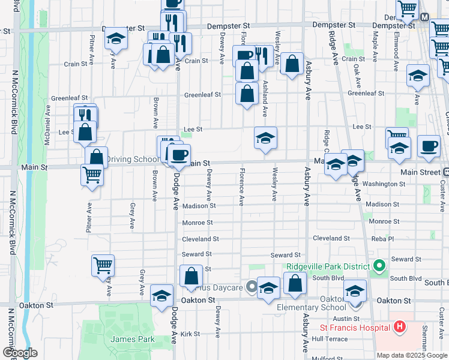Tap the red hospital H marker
tap(400, 328)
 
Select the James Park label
tap(132, 339)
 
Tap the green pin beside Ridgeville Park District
tap(379, 265)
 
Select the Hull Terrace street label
tap(330, 338)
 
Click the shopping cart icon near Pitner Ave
tap(92, 175)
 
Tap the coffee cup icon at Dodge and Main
tap(178, 155)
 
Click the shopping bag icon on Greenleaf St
tap(247, 93)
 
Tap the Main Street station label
tap(420, 172)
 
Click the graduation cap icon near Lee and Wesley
tap(265, 138)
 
